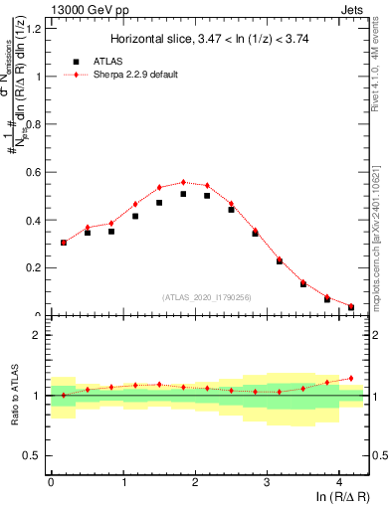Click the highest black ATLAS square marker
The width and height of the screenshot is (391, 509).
pyautogui.click(x=183, y=194)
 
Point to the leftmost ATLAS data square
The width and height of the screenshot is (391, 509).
pyautogui.click(x=64, y=242)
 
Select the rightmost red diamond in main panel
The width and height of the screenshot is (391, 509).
pyautogui.click(x=351, y=306)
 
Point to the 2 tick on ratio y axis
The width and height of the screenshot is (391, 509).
pyautogui.click(x=40, y=335)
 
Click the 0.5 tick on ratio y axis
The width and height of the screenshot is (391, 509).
pyautogui.click(x=36, y=455)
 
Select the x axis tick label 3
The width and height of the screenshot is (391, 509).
pyautogui.click(x=268, y=482)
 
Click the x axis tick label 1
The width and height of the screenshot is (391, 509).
pyautogui.click(x=123, y=482)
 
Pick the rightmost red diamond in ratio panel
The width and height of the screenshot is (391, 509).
pyautogui.click(x=351, y=378)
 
